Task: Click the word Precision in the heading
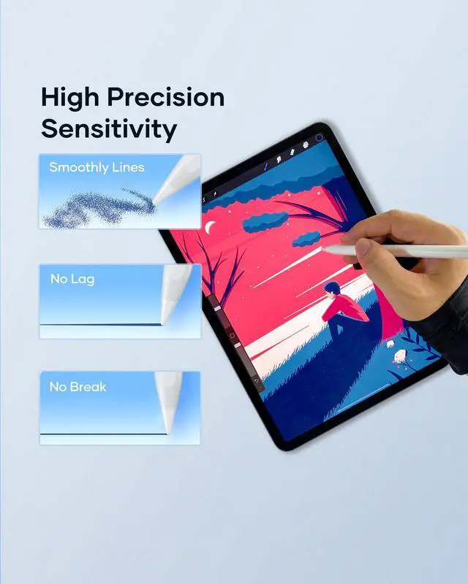[166, 98]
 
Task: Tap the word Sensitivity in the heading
[109, 129]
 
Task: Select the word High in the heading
[69, 98]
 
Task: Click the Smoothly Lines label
[97, 167]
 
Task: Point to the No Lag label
[72, 279]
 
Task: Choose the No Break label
[78, 387]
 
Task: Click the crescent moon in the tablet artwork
[211, 226]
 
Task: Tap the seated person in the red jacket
[344, 307]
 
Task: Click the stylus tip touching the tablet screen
[323, 247]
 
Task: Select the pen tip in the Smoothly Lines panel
[154, 203]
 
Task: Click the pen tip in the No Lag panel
[163, 323]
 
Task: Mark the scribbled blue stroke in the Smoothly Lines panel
[99, 209]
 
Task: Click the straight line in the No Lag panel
[100, 325]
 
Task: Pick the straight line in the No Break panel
[103, 434]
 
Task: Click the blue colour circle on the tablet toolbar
[319, 137]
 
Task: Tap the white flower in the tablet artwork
[400, 356]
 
